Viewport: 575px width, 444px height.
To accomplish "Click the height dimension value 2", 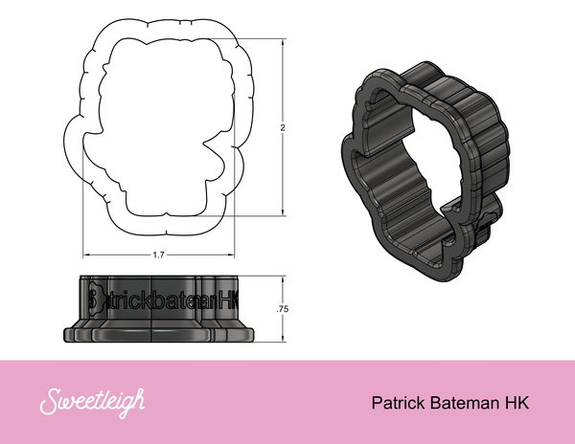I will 284,126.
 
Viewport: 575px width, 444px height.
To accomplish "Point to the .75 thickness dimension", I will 282,308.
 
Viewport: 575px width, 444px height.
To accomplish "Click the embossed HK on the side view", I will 228,300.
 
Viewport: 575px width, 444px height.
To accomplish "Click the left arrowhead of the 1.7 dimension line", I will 85,255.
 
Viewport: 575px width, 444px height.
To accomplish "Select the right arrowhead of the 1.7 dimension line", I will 235,255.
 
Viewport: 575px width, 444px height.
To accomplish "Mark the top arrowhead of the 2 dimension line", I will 284,40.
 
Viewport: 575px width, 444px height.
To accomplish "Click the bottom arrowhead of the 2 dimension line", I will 284,214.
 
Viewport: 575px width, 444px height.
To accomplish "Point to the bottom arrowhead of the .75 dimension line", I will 284,339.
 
